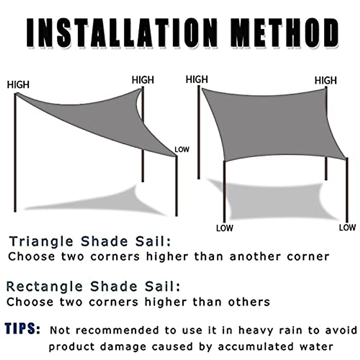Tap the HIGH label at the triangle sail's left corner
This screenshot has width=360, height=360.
coord(18,85)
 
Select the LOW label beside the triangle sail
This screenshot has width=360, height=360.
coord(182,149)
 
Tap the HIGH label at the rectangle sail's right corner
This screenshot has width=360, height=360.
coord(325,80)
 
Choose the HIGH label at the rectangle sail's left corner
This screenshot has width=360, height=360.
coord(197,79)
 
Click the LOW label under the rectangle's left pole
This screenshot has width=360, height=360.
coord(224,228)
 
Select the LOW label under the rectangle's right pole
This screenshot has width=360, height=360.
coord(347,228)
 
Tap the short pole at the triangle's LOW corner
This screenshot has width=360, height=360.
coord(176,186)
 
